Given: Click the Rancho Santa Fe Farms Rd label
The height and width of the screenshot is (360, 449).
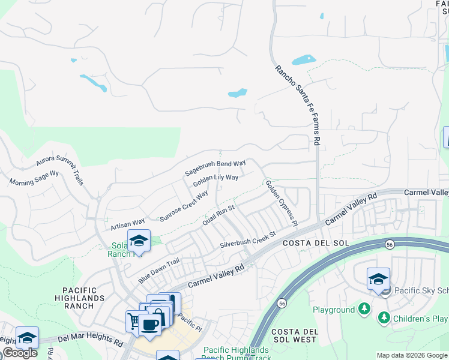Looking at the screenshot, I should (298, 106).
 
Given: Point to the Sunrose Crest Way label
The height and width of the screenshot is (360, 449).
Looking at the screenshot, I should (184, 207).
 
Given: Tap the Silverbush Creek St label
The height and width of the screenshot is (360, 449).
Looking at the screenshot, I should (247, 240).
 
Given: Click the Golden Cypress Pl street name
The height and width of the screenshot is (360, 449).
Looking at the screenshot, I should (281, 203).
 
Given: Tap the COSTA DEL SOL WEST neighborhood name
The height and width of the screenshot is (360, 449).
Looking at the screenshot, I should (294, 335).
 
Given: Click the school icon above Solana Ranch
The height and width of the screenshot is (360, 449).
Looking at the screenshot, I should (139, 241).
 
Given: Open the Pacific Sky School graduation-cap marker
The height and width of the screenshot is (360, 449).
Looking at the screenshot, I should (378, 279).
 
